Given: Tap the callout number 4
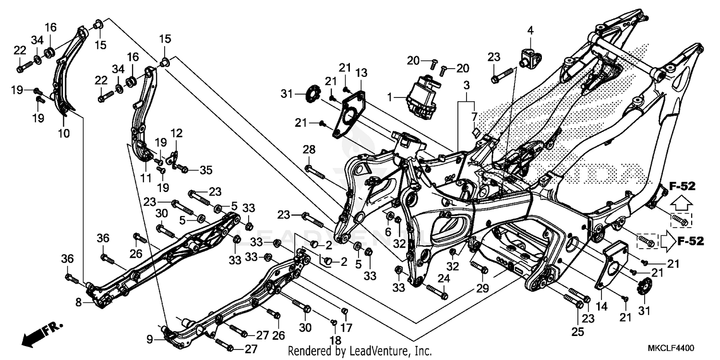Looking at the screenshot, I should [530, 31].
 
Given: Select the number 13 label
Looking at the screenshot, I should [361, 73].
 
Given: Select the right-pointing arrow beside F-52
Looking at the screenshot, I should [667, 241].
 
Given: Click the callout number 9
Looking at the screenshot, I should [150, 339].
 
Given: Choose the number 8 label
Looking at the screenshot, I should [78, 302].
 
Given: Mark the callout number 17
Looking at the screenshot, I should [346, 328].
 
